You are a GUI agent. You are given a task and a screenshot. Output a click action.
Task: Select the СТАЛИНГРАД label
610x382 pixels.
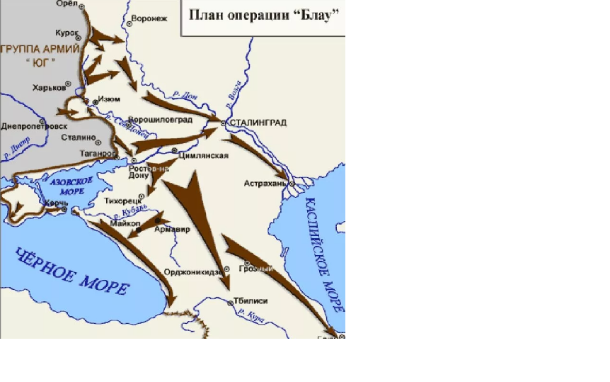pyautogui.click(x=258, y=123)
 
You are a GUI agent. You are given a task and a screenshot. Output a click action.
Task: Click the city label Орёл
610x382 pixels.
pyautogui.click(x=66, y=4)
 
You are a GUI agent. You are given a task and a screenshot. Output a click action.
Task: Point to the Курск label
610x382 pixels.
pyautogui.click(x=67, y=33)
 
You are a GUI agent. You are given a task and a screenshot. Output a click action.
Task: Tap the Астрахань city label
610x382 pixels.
pyautogui.click(x=265, y=183)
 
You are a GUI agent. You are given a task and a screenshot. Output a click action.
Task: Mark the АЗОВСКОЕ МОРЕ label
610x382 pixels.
pyautogui.click(x=71, y=186)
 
